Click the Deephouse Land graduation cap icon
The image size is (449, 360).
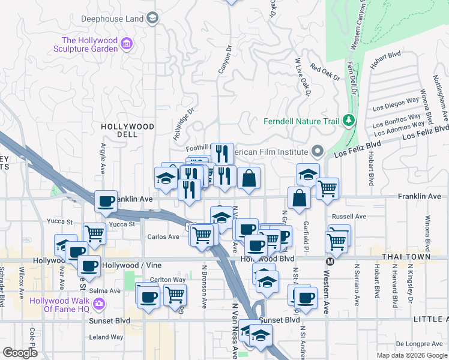(x=153, y=19)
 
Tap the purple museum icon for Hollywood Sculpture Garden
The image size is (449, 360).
(x=127, y=45)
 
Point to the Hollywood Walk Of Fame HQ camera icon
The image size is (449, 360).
(x=99, y=304)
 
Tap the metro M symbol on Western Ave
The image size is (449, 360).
(x=330, y=261)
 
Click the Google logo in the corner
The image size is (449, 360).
(x=20, y=352)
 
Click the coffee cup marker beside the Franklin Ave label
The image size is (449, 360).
(x=106, y=202)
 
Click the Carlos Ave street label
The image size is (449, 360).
(x=163, y=237)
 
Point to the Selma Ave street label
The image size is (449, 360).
(x=105, y=290)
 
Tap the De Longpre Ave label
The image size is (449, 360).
(x=418, y=344)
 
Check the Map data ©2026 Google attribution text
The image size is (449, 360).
(x=412, y=355)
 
